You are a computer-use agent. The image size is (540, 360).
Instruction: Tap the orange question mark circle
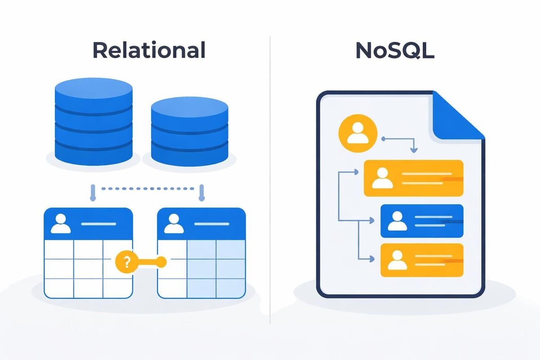[x=126, y=261]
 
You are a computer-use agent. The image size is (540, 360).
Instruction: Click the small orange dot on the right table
[x=162, y=261]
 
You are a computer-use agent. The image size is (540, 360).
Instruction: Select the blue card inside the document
[x=422, y=221]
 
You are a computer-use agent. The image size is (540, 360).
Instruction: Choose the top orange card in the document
[x=413, y=178]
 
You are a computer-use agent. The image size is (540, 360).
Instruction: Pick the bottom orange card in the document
[x=422, y=259]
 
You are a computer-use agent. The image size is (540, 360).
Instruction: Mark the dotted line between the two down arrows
[x=147, y=189]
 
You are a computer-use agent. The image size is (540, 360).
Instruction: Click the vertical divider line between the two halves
[x=270, y=180]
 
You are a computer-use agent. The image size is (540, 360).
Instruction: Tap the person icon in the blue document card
[x=396, y=220]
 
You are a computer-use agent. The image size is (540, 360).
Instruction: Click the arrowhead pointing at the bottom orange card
[x=372, y=259]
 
